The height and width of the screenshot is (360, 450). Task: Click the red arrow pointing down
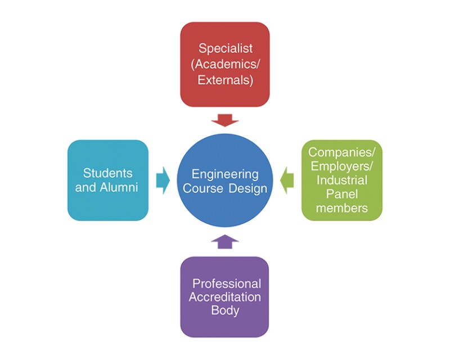tap(225, 119)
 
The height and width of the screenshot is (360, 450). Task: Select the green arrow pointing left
tap(287, 181)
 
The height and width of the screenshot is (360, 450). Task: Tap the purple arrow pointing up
tap(225, 241)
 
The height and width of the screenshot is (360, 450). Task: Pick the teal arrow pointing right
tap(163, 181)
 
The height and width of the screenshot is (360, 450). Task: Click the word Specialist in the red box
tap(224, 48)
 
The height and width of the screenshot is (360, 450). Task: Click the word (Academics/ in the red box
tap(224, 64)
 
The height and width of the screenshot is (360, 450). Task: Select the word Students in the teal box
tap(108, 173)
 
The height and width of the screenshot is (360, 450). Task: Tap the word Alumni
tap(119, 187)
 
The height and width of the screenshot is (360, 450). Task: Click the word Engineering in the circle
tap(224, 174)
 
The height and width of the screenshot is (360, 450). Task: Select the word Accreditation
tap(225, 297)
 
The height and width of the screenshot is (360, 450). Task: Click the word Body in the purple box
tap(225, 310)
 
